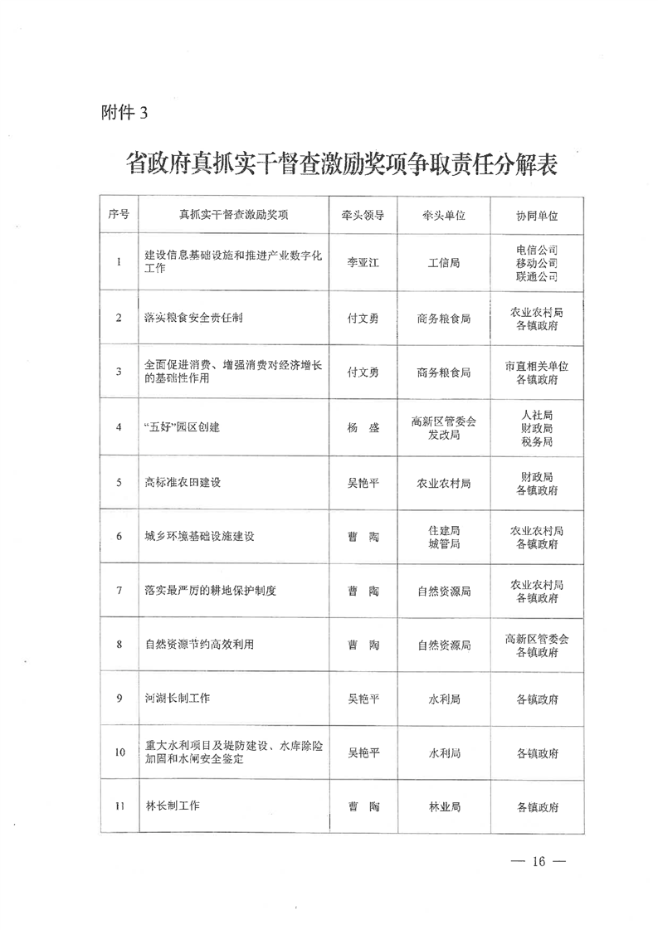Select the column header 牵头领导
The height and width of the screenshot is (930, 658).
(363, 215)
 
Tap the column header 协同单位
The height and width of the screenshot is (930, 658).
(536, 215)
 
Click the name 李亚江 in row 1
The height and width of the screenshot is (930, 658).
(363, 262)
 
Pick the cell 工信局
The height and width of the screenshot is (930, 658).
(444, 262)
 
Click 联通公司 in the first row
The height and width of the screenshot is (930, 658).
(536, 276)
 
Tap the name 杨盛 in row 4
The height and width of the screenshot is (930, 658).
(363, 427)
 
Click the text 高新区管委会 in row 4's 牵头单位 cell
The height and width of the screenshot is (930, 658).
(444, 421)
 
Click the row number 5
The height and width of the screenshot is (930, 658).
(119, 482)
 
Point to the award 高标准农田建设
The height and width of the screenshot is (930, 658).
(182, 482)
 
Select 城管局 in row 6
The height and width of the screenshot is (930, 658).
(444, 543)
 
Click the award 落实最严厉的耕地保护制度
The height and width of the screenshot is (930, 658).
(209, 591)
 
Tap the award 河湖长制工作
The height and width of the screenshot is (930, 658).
(177, 699)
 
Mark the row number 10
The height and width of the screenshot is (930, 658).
(119, 753)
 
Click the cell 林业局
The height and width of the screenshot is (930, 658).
(444, 806)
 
